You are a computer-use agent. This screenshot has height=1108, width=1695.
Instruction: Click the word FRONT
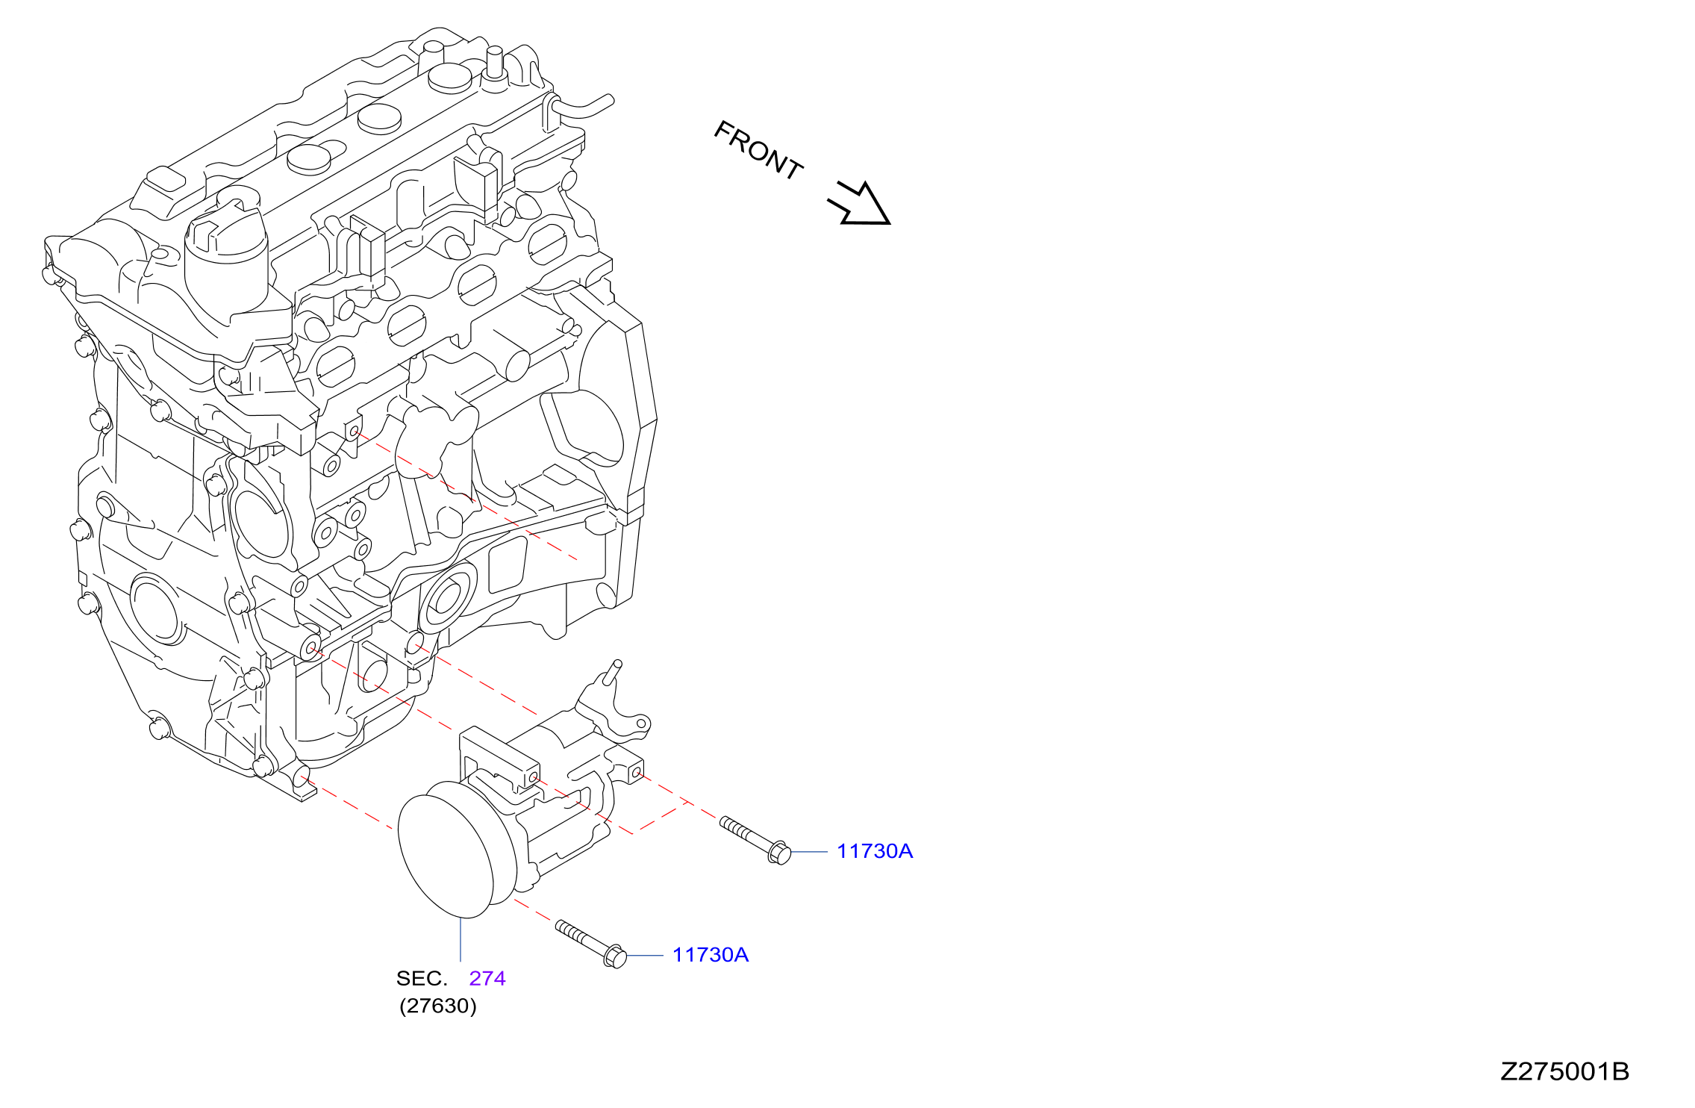[x=758, y=150]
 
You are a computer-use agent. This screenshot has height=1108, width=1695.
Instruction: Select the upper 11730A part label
[x=875, y=851]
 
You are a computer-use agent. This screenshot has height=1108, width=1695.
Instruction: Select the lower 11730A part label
[x=711, y=955]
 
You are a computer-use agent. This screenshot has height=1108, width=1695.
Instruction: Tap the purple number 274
[x=487, y=978]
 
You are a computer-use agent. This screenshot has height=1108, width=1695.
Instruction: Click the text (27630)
[x=438, y=1006]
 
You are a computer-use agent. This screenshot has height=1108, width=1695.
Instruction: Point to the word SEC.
[x=422, y=978]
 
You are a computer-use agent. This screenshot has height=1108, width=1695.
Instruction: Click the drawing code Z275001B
[x=1565, y=1071]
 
